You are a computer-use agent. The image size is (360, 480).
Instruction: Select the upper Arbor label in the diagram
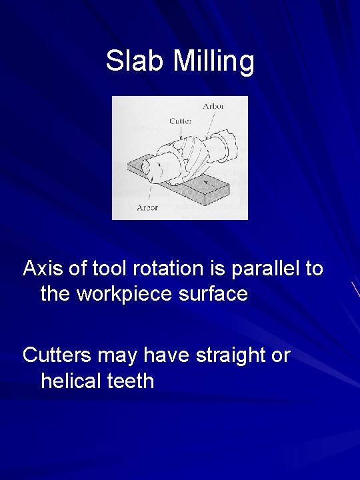click(x=213, y=106)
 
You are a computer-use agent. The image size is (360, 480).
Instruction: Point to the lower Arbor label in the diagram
click(x=147, y=207)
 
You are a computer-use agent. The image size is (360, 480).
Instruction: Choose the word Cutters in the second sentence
click(x=57, y=355)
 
